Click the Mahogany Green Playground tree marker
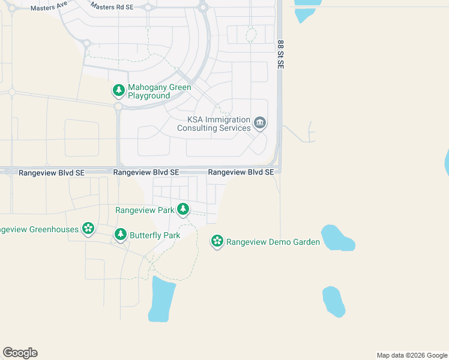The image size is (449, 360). (x=119, y=91)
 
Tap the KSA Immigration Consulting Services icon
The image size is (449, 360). (x=260, y=124)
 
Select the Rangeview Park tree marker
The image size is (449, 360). (x=183, y=210)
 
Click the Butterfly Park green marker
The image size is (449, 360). (x=121, y=235)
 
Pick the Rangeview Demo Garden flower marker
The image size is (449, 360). (x=217, y=242)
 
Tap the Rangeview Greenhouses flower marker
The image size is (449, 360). (x=88, y=228)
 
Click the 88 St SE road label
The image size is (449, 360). (x=280, y=55)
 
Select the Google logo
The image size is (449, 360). (x=20, y=353)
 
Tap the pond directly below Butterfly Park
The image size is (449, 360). (x=162, y=299)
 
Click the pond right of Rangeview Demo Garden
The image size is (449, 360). (x=337, y=238)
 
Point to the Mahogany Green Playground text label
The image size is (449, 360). (x=160, y=91)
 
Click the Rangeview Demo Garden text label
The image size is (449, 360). (x=273, y=242)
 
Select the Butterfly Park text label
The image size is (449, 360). (x=155, y=235)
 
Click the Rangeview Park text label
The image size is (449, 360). (x=145, y=210)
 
